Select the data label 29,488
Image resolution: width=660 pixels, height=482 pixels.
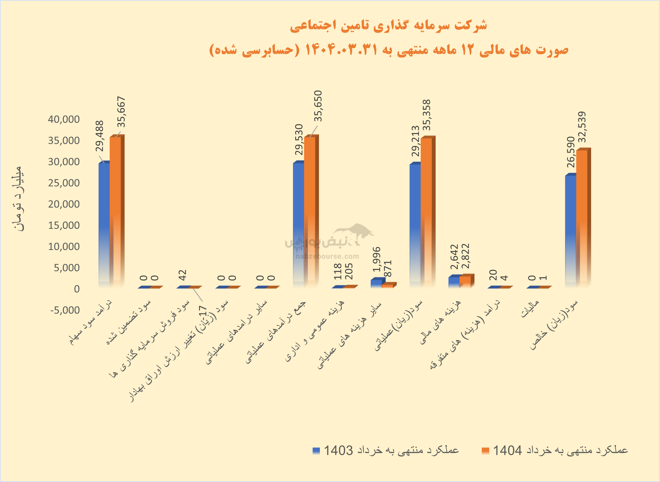click(100, 136)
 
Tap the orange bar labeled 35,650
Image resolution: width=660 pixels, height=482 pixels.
click(309, 210)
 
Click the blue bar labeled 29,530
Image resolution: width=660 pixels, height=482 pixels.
click(298, 225)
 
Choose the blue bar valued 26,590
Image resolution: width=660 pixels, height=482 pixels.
click(571, 231)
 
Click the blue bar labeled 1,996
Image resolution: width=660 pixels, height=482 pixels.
click(376, 284)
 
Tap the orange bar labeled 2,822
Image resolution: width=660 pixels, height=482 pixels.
click(465, 281)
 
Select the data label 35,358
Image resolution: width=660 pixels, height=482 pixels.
click(426, 115)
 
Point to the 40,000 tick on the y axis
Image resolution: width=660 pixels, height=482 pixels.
click(64, 119)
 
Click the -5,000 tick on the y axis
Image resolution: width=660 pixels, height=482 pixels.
click(65, 310)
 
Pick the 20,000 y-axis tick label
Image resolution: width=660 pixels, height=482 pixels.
click(64, 204)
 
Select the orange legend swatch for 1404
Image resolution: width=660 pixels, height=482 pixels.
click(485, 451)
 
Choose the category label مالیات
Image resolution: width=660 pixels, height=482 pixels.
click(529, 309)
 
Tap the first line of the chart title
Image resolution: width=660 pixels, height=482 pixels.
click(388, 26)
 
